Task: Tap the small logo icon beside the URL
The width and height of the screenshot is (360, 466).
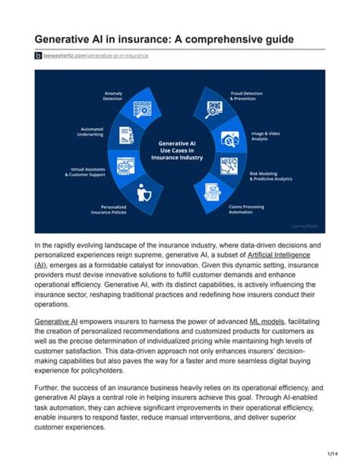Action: coord(37,56)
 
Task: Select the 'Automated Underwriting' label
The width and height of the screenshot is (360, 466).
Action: coord(93,132)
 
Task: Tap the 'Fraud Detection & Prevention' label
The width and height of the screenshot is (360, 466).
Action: coord(246,96)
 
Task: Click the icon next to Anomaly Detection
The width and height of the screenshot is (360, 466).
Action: coord(142,109)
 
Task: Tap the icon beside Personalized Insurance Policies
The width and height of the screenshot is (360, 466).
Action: coord(141,193)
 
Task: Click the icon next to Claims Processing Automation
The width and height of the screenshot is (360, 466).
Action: coord(215,194)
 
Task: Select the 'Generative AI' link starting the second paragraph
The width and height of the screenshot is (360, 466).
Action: coord(56,322)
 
